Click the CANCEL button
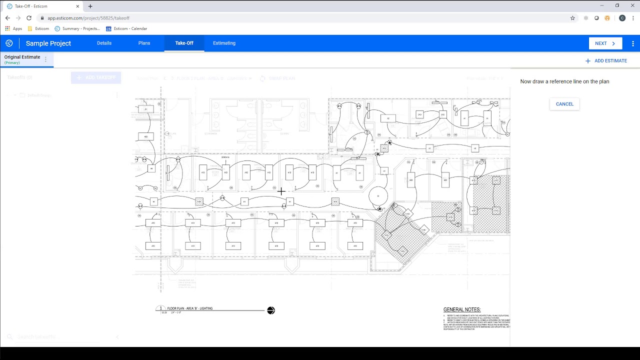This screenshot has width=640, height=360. click(564, 104)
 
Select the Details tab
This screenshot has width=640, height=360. click(104, 43)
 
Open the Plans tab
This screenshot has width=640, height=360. click(144, 43)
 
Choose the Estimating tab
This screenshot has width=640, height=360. click(224, 43)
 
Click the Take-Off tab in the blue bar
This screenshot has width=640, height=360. click(184, 43)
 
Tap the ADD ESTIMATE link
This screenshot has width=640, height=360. click(606, 61)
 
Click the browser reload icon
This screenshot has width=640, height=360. click(29, 18)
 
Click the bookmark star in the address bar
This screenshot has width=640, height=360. click(572, 18)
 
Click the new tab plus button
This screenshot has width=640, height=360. click(90, 6)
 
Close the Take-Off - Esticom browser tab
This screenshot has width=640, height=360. click(77, 6)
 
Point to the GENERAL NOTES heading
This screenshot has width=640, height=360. click(461, 310)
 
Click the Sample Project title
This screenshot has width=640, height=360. click(48, 43)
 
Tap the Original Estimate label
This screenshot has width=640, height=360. click(22, 57)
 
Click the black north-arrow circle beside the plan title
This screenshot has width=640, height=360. click(271, 310)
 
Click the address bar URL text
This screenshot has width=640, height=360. click(88, 18)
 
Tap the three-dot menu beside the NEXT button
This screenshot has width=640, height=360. click(633, 43)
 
